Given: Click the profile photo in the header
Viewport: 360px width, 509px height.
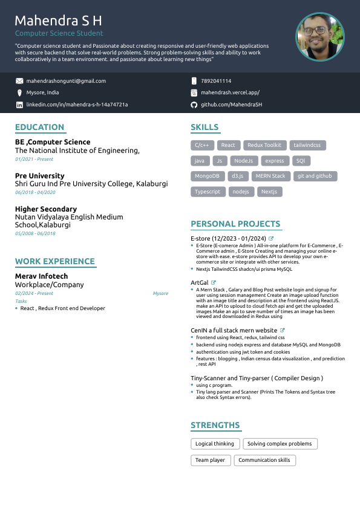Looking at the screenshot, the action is (x=320, y=37).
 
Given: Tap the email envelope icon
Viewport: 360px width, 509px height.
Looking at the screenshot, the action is (x=19, y=81).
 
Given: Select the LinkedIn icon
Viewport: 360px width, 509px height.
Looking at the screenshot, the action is (x=19, y=105).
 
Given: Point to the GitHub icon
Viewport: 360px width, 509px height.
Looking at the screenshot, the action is (x=194, y=105).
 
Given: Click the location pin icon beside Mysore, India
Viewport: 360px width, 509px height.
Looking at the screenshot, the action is (x=19, y=92).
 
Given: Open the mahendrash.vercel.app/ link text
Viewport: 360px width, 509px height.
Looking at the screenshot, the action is (x=230, y=92).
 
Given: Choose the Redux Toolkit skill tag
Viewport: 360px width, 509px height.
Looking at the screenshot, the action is (x=264, y=145).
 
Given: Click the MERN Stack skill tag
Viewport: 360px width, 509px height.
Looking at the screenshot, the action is (x=270, y=176).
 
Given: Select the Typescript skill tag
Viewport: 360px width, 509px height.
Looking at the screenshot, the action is (x=208, y=192).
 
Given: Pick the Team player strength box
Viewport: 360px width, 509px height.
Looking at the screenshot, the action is (x=210, y=460).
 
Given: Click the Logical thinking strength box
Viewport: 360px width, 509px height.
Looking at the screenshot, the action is (x=215, y=444).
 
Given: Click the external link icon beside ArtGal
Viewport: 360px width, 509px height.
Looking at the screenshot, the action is (x=214, y=282).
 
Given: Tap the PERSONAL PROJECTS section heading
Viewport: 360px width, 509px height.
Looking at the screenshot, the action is (x=235, y=224).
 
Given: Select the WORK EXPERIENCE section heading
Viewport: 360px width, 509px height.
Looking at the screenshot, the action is (x=54, y=261).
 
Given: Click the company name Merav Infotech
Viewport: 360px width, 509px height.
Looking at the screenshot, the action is (x=41, y=276).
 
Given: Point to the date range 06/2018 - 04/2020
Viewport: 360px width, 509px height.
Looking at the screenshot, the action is (x=35, y=192).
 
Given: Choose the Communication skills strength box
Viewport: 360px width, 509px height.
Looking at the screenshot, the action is (x=264, y=460).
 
